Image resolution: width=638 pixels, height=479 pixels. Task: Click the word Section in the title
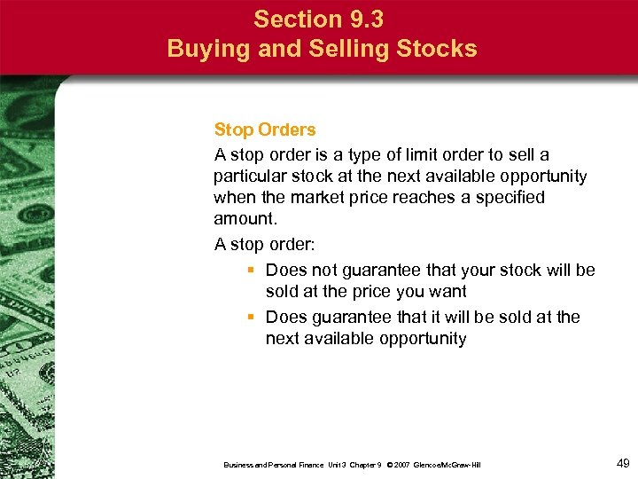(x=294, y=19)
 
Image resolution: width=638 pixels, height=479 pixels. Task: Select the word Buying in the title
(x=206, y=48)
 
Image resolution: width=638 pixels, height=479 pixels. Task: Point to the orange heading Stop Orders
(x=264, y=130)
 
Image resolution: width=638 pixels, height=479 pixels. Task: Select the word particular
(x=249, y=176)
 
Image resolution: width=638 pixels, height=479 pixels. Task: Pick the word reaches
(x=422, y=197)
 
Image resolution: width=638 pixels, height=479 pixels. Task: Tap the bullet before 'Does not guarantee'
(x=253, y=270)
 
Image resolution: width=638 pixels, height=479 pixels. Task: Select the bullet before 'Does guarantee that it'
(x=253, y=317)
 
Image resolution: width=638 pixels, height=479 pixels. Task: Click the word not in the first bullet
(x=327, y=270)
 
